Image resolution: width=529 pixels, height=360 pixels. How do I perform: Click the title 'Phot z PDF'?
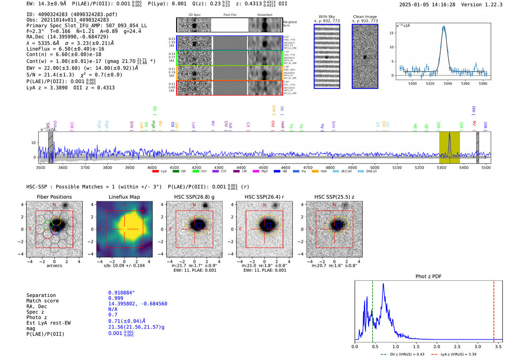[x=428, y=276]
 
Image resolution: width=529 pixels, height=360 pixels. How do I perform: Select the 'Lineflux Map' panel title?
[x=124, y=197]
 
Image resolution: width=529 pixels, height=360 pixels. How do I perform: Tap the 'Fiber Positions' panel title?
[x=54, y=197]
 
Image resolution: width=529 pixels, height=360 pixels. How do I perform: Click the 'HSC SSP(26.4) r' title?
[x=264, y=197]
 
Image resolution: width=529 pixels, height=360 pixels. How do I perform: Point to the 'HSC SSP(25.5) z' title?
[x=334, y=197]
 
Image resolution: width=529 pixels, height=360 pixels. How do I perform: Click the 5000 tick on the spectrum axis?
[x=374, y=167]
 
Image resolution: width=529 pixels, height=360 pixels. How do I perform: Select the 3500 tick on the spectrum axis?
[x=40, y=167]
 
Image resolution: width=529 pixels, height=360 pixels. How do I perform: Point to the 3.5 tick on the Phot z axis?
[x=498, y=346]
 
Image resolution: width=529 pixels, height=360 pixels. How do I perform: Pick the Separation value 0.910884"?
[x=121, y=293]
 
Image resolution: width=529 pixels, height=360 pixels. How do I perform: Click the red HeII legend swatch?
[x=315, y=172]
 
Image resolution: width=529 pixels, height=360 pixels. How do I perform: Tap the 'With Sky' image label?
[x=326, y=17]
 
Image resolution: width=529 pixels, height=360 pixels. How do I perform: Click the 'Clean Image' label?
[x=365, y=17]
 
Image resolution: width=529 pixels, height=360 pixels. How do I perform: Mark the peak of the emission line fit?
[x=444, y=26]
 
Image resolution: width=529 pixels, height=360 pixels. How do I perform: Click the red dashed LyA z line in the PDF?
[x=493, y=310]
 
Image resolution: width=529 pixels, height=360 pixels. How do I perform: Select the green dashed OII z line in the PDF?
[x=372, y=310]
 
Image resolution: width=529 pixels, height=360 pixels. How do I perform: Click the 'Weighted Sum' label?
[x=290, y=23]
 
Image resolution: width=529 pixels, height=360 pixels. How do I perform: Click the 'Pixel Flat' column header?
[x=230, y=15]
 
